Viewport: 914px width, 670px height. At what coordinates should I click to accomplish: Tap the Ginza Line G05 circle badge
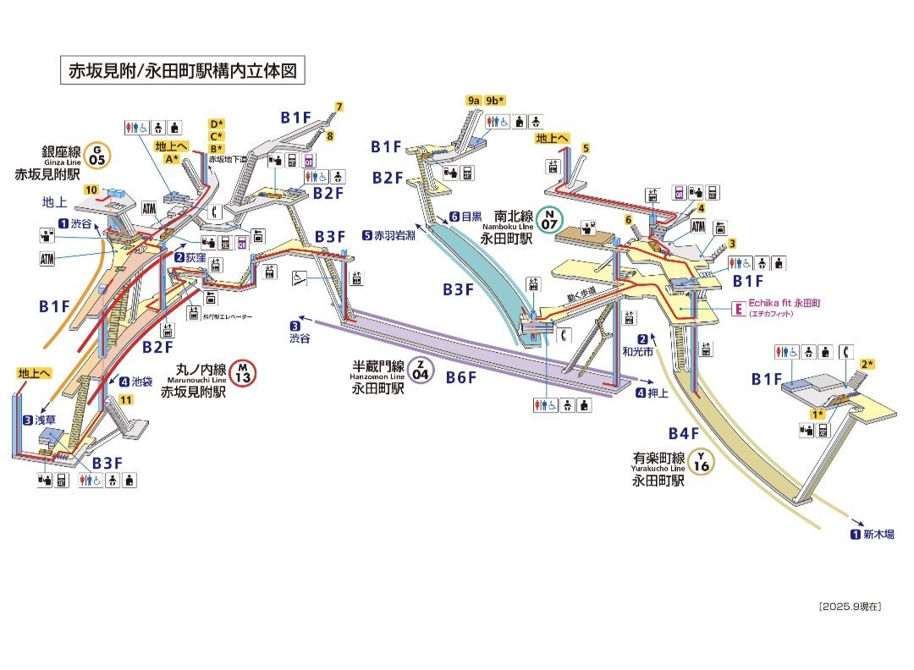coord(98,154)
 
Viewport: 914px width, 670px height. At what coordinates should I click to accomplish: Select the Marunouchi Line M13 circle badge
coord(242,373)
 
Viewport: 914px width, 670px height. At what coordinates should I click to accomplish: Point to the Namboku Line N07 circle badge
coord(550,221)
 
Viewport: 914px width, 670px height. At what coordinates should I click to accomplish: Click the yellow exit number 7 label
coord(339,107)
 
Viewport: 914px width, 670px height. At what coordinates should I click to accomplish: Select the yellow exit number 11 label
coord(126,400)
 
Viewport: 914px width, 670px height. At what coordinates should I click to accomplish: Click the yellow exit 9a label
coord(473,100)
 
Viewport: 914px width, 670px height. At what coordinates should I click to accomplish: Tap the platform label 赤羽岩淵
coord(389,235)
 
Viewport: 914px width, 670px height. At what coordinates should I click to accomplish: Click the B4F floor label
coord(682,434)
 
